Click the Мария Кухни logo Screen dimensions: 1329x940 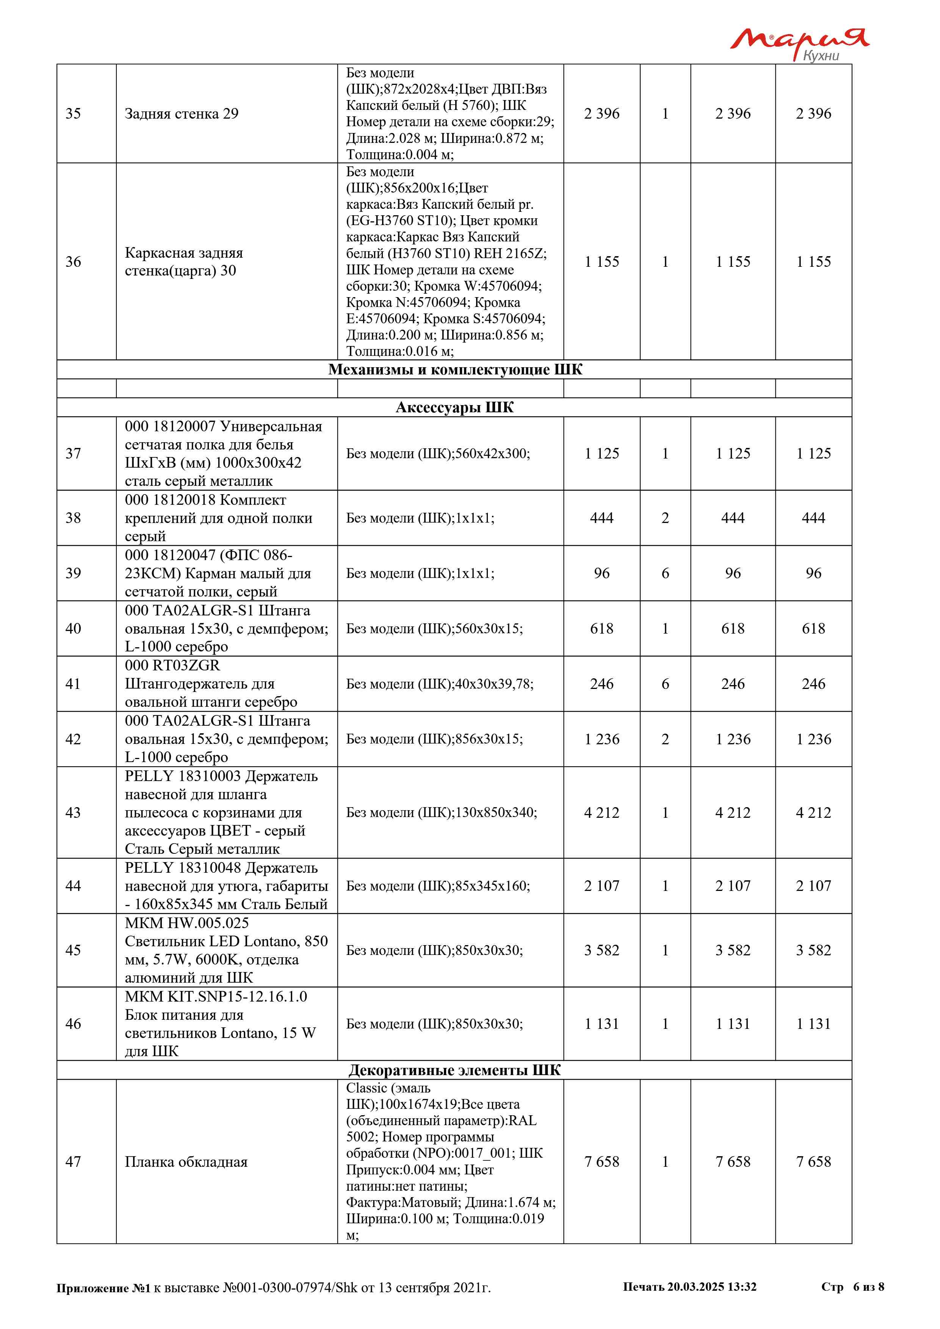click(x=799, y=44)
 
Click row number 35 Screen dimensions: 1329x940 click(x=73, y=113)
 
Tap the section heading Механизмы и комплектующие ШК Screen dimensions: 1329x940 click(x=455, y=369)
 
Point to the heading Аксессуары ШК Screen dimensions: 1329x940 click(x=454, y=407)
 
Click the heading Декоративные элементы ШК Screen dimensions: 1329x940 click(x=454, y=1070)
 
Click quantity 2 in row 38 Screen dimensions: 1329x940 click(x=665, y=518)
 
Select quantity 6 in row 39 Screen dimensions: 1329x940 click(x=665, y=573)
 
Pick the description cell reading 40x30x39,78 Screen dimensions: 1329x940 click(x=439, y=684)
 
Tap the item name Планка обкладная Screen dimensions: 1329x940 click(x=186, y=1162)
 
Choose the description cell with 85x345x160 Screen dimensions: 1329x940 click(x=437, y=886)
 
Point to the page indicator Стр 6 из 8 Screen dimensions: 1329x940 click(x=852, y=1286)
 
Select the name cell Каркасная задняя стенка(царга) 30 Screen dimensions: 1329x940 click(x=183, y=261)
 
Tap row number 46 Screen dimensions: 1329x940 click(x=73, y=1024)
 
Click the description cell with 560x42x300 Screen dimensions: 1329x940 click(x=437, y=453)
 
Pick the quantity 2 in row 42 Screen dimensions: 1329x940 click(x=665, y=739)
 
